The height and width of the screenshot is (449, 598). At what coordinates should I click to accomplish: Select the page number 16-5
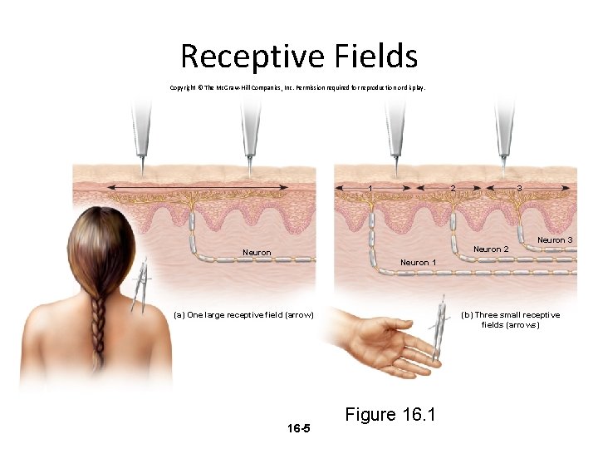pos(298,428)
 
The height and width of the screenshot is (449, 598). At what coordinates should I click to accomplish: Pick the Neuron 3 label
pos(555,239)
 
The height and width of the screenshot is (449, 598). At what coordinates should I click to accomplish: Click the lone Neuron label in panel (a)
pos(256,252)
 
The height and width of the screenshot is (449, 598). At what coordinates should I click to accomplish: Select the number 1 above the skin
pos(370,188)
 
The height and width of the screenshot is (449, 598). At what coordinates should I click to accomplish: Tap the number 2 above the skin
pos(452,188)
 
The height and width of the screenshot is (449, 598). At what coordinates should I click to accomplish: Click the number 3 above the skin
pos(519,188)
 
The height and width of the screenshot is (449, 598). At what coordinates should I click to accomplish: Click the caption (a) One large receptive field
pos(243,314)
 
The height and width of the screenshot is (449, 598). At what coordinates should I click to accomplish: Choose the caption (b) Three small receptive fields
pos(511,319)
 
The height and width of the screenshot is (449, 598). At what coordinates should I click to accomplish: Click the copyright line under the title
pos(297,86)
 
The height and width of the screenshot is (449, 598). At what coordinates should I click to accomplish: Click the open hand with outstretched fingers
pos(382,346)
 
